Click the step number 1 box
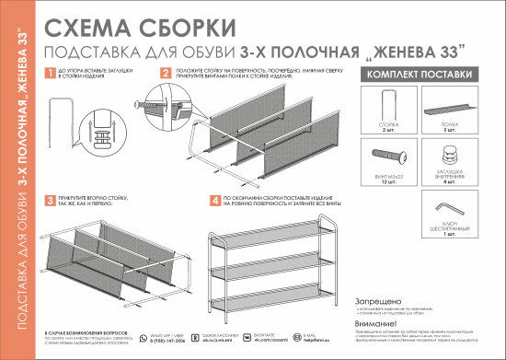[49, 71]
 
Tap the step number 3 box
[49, 199]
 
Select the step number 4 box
[214, 199]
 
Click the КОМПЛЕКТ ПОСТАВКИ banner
[420, 74]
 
